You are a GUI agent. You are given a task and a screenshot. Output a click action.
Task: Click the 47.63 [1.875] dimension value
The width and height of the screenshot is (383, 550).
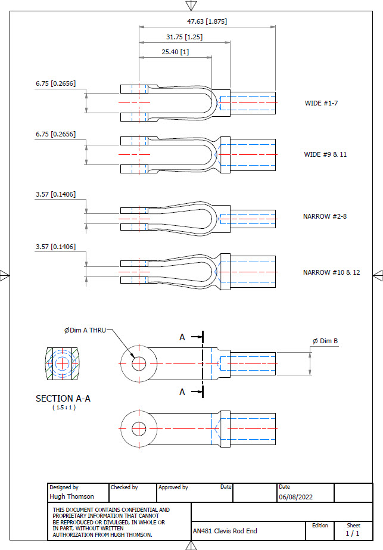[207, 21]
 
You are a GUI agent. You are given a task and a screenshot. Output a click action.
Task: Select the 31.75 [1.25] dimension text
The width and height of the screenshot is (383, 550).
[184, 37]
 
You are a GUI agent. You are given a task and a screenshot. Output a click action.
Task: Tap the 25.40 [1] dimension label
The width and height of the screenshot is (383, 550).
[175, 52]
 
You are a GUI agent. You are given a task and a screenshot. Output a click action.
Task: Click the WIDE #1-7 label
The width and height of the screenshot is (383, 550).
[322, 103]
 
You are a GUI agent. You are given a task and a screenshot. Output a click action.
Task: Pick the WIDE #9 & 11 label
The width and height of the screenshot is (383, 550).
[325, 154]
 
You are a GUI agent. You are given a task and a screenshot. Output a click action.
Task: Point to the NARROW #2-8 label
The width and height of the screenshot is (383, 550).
[325, 216]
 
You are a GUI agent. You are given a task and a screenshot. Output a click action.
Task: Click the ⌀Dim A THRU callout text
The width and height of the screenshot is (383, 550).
[85, 330]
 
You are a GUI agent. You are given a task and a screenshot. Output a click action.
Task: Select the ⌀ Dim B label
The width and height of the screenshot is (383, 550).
[325, 341]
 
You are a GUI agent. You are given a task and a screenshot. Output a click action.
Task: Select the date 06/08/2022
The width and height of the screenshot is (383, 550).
[295, 496]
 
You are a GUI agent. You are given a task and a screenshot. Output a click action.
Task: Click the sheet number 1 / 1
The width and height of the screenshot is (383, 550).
[353, 534]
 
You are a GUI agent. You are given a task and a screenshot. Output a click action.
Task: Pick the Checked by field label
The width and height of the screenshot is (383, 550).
[124, 487]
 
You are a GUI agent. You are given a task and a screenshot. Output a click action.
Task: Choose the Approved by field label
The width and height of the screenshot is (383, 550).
[173, 487]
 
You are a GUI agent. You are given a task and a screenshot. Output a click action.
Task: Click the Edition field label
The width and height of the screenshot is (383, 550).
[320, 525]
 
